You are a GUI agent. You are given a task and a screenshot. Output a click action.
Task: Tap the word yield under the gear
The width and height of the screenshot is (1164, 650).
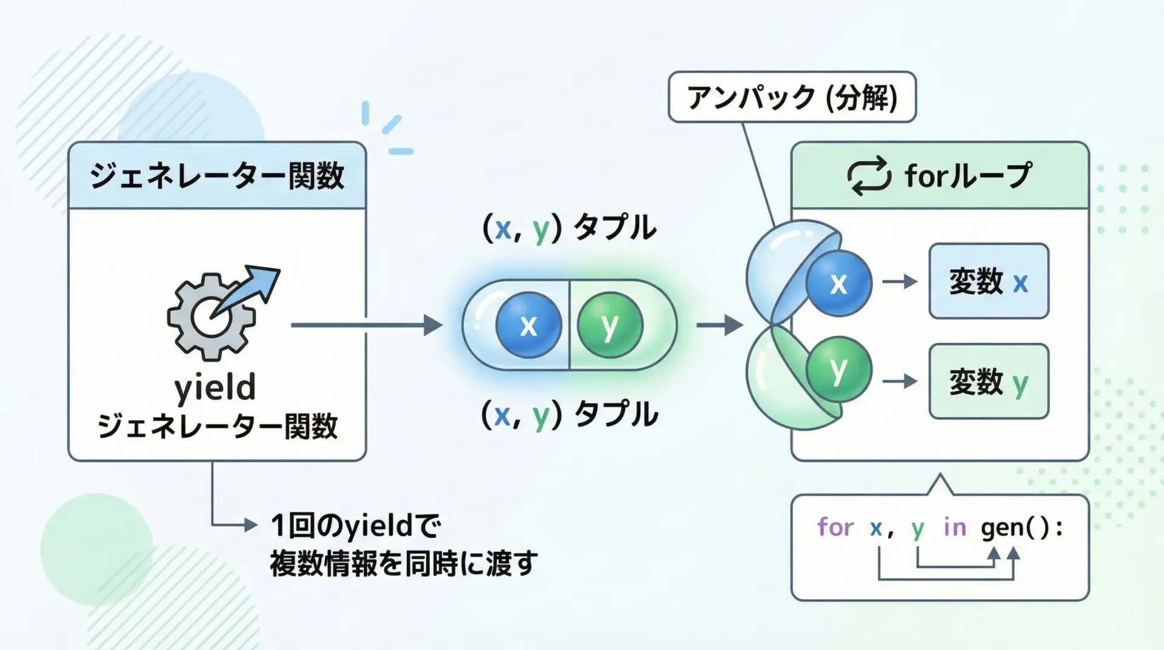pyautogui.click(x=215, y=388)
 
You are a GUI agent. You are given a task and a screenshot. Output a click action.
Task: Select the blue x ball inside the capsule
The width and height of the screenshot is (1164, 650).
pyautogui.click(x=529, y=325)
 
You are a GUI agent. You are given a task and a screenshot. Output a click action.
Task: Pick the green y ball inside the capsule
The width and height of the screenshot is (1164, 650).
pyautogui.click(x=610, y=325)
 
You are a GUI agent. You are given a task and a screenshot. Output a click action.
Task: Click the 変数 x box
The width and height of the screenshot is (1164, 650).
pyautogui.click(x=988, y=281)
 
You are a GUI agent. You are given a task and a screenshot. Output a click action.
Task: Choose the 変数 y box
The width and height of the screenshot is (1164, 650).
pyautogui.click(x=988, y=381)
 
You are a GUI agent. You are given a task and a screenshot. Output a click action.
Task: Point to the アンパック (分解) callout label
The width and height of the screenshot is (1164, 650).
pyautogui.click(x=792, y=97)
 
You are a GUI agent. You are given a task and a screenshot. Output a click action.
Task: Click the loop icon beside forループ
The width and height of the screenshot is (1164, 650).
pyautogui.click(x=869, y=176)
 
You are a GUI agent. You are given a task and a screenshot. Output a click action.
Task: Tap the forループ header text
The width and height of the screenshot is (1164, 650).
pyautogui.click(x=968, y=176)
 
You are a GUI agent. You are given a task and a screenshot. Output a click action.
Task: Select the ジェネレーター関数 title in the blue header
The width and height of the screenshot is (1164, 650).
pyautogui.click(x=217, y=176)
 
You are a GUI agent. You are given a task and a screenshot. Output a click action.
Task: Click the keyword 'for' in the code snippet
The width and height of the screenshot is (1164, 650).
pyautogui.click(x=835, y=528)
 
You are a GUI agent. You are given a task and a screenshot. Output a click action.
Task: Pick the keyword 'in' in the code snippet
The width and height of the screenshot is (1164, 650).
pyautogui.click(x=954, y=528)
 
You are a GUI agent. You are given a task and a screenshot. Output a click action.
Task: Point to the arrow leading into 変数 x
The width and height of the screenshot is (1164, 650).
pyautogui.click(x=899, y=281)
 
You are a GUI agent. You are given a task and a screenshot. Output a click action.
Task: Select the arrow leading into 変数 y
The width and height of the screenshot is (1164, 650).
pyautogui.click(x=899, y=381)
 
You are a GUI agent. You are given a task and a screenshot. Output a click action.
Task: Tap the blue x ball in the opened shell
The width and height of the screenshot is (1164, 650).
pyautogui.click(x=838, y=283)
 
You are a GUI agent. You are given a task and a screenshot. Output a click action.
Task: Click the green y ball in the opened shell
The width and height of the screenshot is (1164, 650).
pyautogui.click(x=838, y=369)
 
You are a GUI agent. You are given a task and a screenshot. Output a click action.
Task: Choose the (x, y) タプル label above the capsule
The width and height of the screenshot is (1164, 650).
pyautogui.click(x=569, y=228)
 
